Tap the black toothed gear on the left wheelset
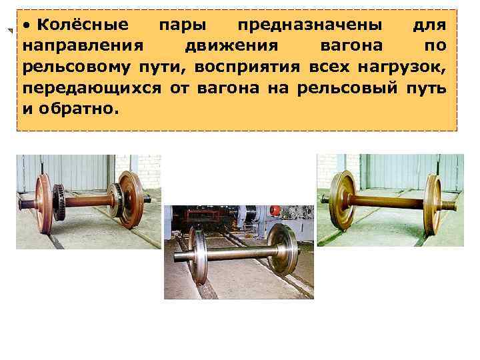[58, 204]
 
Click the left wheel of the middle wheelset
[199, 256]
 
